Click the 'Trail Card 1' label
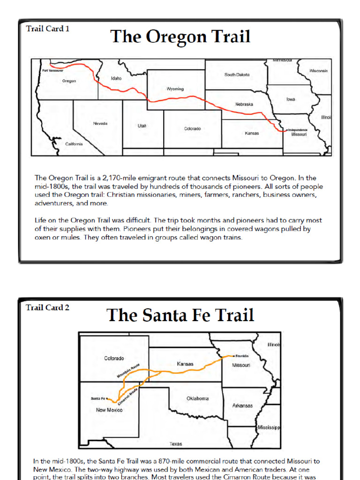click(x=48, y=29)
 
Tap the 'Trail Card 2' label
click(x=48, y=307)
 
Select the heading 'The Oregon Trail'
click(x=180, y=37)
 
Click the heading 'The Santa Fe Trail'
click(x=180, y=315)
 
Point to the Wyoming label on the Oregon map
click(x=175, y=89)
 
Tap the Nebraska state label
click(x=244, y=104)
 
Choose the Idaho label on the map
click(x=116, y=78)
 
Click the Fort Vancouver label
click(x=52, y=71)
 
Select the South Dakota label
click(x=237, y=75)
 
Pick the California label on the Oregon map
click(x=74, y=144)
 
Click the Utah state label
click(x=142, y=126)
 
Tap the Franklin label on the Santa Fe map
click(x=242, y=356)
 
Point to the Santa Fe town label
click(x=98, y=398)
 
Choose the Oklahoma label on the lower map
click(x=197, y=398)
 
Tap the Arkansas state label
click(x=242, y=405)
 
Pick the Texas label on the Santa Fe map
click(x=176, y=444)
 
